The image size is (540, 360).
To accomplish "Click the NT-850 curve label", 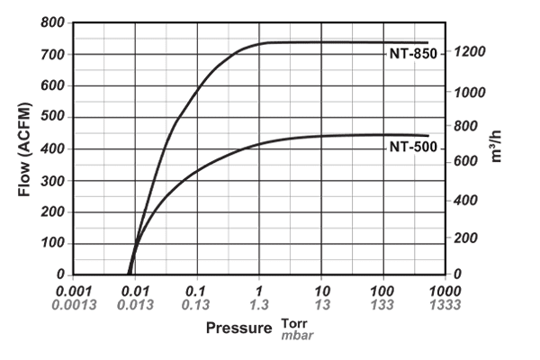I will pos(412,55).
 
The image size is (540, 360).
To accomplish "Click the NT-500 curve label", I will pos(412,147).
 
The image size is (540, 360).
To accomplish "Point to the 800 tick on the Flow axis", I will pos(53,23).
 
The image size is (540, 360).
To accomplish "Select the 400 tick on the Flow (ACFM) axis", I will pos(53,149).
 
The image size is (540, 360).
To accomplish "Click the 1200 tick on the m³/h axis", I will pos(471,52).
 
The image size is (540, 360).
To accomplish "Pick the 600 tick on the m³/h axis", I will pos(467,163).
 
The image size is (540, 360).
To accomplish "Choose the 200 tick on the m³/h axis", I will pos(467,238).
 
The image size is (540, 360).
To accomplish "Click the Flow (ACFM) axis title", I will pos(24,148).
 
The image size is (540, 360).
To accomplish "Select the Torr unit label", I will pos(294,323).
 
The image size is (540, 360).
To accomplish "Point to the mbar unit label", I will pos(297,335).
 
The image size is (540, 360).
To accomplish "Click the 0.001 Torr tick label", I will pos(73,292).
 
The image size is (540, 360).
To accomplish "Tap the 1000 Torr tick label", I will pos(445,292).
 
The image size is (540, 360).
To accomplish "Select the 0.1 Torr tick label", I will pos(196,292).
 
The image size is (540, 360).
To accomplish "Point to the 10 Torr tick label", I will pos(321,292).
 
